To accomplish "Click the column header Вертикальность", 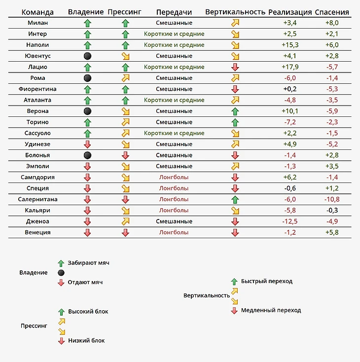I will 235,12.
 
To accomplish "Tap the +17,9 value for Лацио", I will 290,67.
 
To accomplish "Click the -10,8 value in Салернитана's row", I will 331,199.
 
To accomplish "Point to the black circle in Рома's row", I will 88,78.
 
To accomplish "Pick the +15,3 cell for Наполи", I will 290,45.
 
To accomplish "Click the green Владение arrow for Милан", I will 88,23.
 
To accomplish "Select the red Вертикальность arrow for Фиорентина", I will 235,89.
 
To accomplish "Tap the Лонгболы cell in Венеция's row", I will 174,232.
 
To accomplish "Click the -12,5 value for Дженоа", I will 290,221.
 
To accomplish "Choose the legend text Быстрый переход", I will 267,281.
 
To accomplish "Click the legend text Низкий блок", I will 86,341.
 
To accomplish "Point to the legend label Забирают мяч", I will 89,263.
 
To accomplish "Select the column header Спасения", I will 332,12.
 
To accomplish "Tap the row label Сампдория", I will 37,177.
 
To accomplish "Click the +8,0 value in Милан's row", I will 331,23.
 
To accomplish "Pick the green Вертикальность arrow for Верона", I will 235,111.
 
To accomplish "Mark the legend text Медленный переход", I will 271,311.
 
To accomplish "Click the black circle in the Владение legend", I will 61,273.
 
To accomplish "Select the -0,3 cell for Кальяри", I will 331,210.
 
